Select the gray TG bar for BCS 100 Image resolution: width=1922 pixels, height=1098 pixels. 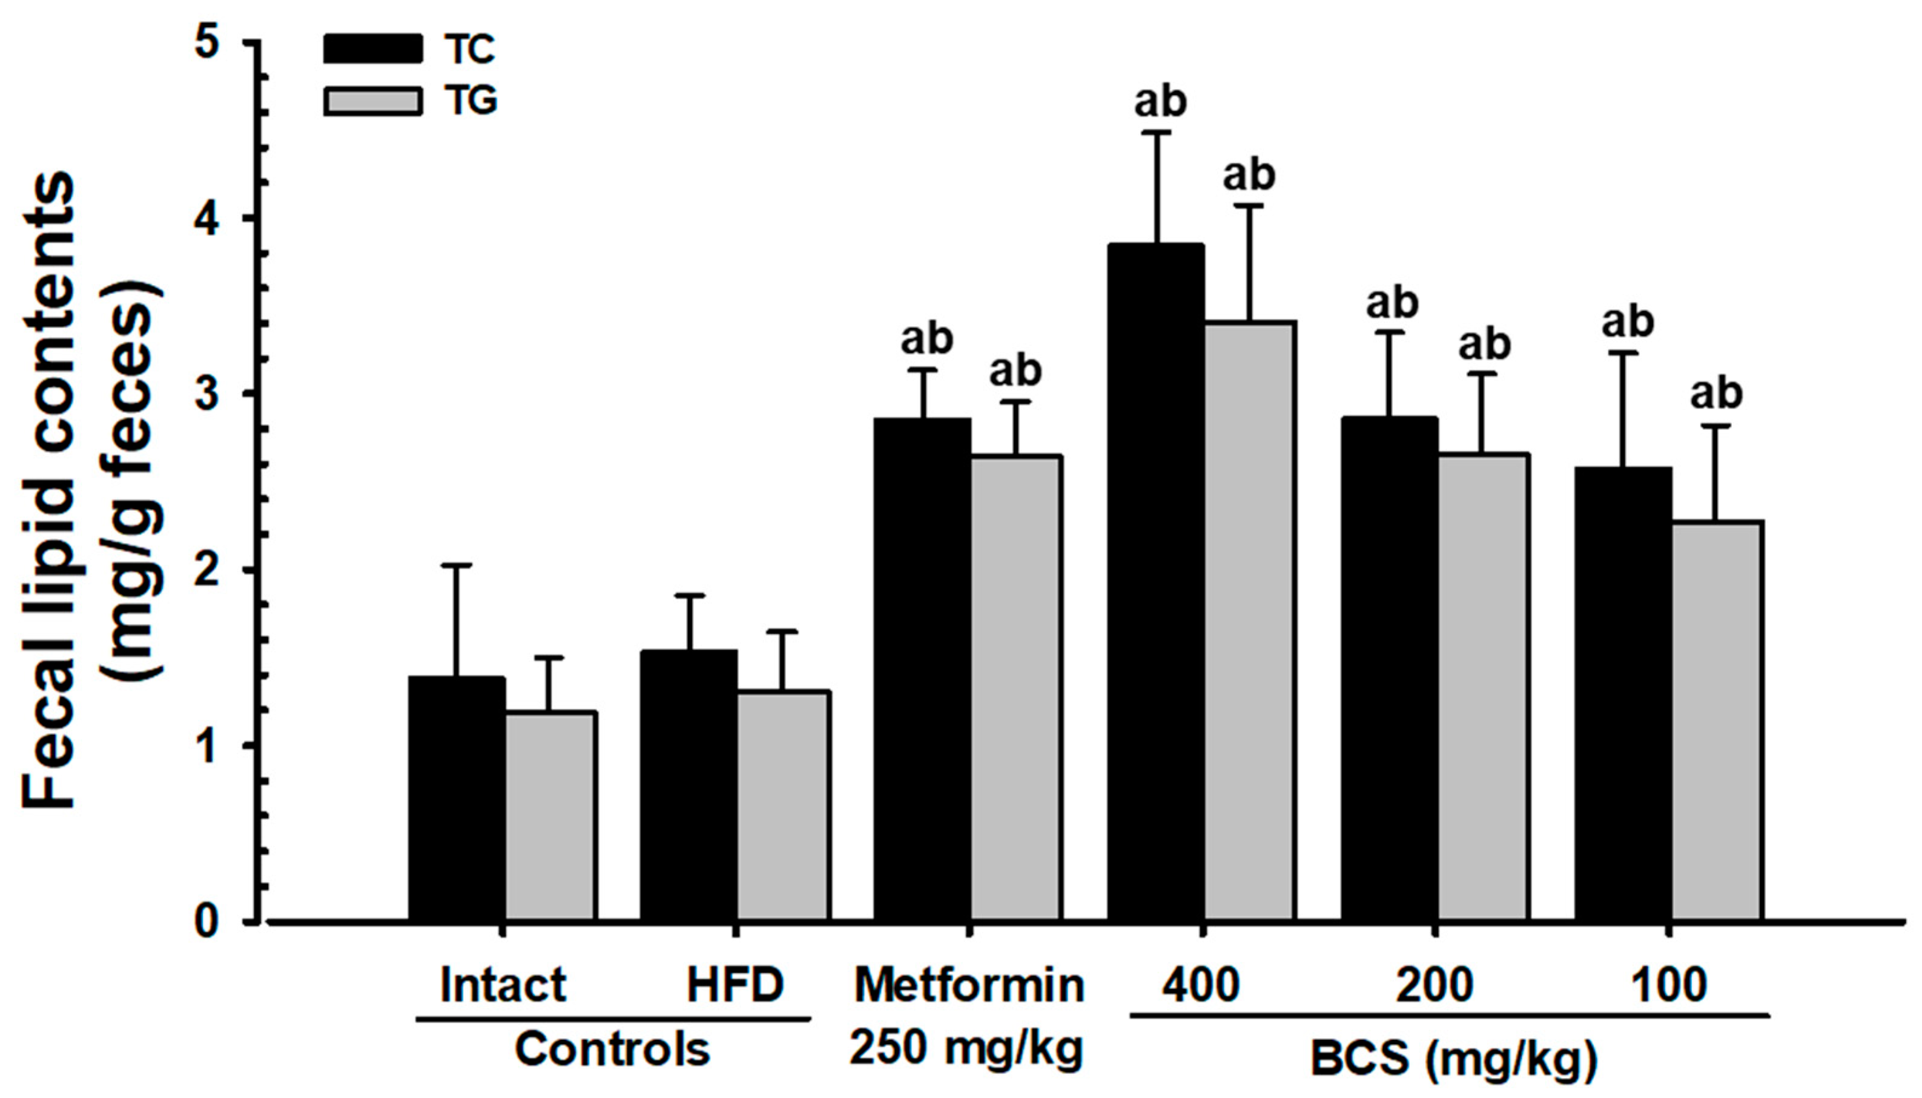tap(1717, 720)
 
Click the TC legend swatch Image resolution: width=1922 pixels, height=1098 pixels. tap(372, 48)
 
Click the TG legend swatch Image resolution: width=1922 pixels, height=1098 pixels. tap(372, 101)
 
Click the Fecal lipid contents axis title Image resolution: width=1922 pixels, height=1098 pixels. tap(49, 490)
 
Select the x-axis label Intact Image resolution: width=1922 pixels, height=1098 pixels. tap(503, 985)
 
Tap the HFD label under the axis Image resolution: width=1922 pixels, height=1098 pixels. tap(735, 985)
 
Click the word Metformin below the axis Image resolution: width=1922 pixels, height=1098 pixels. tap(968, 985)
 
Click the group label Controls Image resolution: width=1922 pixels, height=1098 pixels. tap(612, 1049)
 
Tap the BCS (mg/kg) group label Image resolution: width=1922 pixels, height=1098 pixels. tap(1453, 1058)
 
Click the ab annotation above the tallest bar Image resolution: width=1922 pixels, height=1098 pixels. tap(1160, 102)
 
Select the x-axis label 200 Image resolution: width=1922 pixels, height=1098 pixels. tap(1434, 985)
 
